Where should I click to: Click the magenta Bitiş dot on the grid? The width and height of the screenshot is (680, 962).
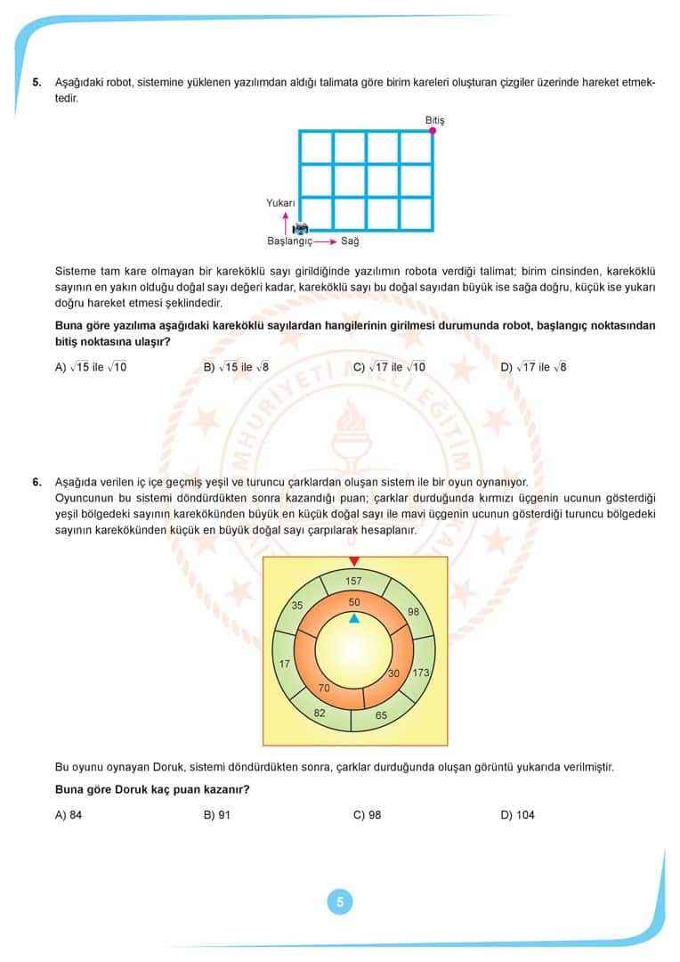pos(433,131)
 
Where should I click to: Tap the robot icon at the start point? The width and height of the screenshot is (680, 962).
pos(300,228)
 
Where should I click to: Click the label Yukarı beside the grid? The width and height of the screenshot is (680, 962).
pos(280,203)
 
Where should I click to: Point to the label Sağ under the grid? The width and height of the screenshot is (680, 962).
pos(350,241)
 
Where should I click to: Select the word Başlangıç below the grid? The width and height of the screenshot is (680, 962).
pos(290,241)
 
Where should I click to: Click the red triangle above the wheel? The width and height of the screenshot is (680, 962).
pos(354,561)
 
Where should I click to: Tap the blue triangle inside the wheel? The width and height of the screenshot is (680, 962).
pos(354,618)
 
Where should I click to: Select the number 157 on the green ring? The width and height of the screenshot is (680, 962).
pos(354,582)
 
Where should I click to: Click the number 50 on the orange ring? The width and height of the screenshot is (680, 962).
pos(354,603)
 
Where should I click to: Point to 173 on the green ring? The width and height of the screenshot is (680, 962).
pos(421,673)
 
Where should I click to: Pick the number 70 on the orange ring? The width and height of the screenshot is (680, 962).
pos(324,688)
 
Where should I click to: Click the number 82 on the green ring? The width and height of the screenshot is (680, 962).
pos(320,713)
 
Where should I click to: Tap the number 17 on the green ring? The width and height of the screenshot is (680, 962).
pos(285,664)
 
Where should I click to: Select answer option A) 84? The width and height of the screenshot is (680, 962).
pos(69,814)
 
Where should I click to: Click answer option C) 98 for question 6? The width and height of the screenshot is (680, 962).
pos(367,814)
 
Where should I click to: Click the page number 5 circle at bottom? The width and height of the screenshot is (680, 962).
pos(339,901)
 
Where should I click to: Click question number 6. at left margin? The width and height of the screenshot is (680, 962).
pos(36,482)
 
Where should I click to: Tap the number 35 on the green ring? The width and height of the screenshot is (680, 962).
pos(297,606)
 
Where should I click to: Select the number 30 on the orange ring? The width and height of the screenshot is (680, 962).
pos(394,673)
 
